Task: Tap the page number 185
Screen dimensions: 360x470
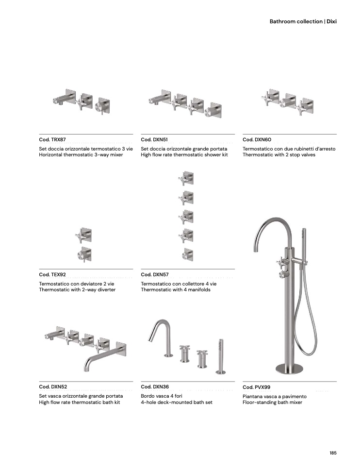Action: pos(333,453)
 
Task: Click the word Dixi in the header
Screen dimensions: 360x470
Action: pos(331,21)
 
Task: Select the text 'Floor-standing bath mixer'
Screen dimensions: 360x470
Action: pos(272,403)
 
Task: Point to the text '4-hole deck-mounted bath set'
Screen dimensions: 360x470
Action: pos(177,402)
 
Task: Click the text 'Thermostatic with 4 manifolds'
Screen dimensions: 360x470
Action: pos(176,290)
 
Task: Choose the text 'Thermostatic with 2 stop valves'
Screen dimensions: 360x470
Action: pos(279,155)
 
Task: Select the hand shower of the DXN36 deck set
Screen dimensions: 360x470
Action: pos(221,357)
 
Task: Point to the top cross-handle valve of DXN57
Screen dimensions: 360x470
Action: pos(186,179)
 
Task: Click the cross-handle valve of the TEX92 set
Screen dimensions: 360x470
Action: pos(83,235)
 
